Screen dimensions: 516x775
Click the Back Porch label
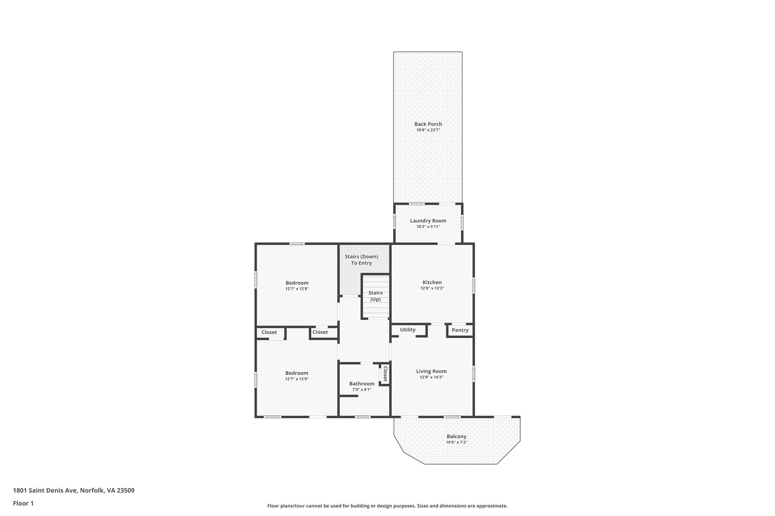point(428,124)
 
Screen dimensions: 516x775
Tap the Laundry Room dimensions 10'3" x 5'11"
point(428,227)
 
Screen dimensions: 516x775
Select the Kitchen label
point(432,282)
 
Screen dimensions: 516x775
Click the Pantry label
point(460,330)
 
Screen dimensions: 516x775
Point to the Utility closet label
point(408,330)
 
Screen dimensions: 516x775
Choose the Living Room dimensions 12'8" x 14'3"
point(431,377)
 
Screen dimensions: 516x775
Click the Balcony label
point(456,436)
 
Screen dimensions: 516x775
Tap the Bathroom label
point(362,383)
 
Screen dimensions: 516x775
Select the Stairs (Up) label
point(375,296)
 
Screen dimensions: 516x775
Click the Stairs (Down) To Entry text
point(361,260)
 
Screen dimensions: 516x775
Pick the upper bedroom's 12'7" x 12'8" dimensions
point(297,289)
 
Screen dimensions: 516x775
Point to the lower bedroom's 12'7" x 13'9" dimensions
point(297,379)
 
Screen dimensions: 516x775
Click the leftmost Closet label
point(269,332)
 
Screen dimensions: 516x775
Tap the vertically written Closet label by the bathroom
point(385,373)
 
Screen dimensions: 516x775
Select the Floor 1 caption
point(23,503)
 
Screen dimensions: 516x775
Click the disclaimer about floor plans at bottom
point(387,506)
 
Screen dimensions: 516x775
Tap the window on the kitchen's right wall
point(473,285)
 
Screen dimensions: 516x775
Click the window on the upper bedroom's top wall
point(297,243)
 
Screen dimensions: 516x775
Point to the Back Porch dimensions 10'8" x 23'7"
point(428,130)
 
